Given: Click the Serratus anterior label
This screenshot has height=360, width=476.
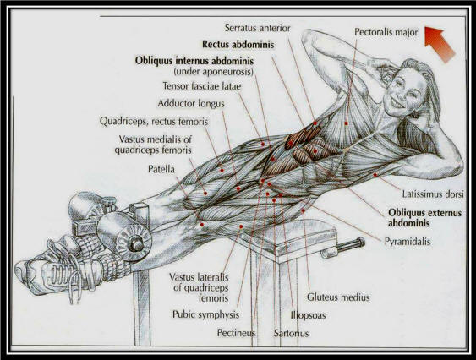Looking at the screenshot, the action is click(257, 28).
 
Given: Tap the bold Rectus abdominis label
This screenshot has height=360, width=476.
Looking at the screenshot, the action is click(238, 45).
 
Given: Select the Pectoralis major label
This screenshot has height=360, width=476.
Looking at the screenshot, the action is click(386, 32).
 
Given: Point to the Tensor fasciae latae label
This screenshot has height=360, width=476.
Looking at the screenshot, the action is click(202, 86).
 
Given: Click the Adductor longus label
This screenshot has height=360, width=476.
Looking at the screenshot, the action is click(191, 104).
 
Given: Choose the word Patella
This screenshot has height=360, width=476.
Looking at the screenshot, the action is click(161, 169).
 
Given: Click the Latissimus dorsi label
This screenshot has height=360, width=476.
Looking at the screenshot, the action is click(433, 194).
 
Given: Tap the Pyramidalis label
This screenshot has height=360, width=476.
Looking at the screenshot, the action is click(408, 242).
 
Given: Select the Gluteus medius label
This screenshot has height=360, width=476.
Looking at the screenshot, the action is click(338, 297).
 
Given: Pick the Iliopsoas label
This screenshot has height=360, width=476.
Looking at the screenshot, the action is click(308, 315).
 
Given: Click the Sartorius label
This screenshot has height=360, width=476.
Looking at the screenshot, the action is click(291, 333).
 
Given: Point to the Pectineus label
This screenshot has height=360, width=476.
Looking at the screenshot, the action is click(236, 333).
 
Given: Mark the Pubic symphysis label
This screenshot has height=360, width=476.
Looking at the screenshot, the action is click(205, 314).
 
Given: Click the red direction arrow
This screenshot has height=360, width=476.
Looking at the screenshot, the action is click(440, 43).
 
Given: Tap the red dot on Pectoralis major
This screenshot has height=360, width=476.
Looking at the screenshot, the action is click(346, 123).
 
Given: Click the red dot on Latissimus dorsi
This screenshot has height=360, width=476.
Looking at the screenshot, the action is click(375, 175).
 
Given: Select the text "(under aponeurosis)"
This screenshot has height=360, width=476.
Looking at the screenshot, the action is click(213, 72).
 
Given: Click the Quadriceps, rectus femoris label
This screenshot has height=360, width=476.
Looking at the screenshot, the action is click(154, 122).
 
